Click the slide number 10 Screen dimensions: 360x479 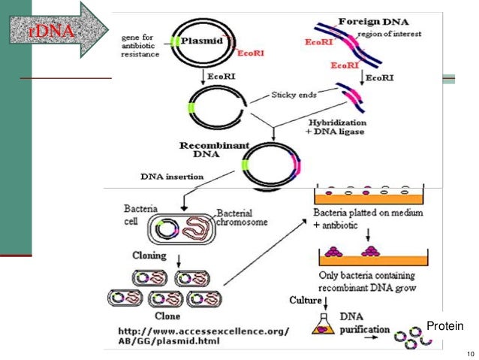click(x=470, y=354)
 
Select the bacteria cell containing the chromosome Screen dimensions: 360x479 click(x=183, y=228)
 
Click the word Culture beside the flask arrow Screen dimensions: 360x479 click(x=305, y=300)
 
